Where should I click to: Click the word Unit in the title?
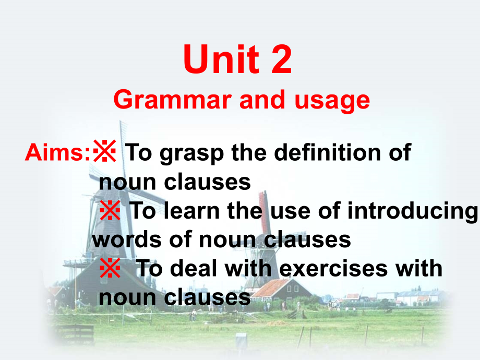(x=220, y=60)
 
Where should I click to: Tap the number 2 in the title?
(x=281, y=60)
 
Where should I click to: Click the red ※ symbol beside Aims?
(x=105, y=153)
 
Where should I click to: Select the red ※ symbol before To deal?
(x=110, y=269)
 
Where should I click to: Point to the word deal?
(x=203, y=269)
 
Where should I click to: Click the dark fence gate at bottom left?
(x=76, y=334)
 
